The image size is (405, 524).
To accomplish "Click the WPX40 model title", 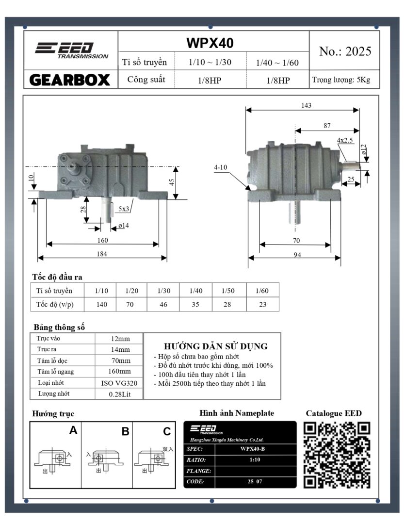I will click(210, 43).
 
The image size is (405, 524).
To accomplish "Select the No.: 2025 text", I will click(345, 51).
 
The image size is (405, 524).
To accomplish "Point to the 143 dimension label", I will click(306, 105).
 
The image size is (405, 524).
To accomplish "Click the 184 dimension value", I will click(102, 253).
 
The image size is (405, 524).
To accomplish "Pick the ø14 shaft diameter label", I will click(123, 226).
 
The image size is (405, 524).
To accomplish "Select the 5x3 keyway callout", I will click(124, 209).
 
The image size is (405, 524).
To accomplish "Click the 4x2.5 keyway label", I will click(345, 140).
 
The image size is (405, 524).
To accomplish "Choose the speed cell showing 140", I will click(101, 305).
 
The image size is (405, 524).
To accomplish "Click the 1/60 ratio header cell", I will click(262, 291).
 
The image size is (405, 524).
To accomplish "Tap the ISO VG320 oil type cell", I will click(119, 383).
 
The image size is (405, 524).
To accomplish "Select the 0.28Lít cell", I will click(119, 394).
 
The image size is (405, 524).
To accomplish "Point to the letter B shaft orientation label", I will click(125, 431).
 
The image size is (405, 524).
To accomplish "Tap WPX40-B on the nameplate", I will click(252, 448).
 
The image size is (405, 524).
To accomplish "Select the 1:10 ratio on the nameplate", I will click(252, 459).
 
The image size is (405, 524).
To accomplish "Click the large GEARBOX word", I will click(70, 80).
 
